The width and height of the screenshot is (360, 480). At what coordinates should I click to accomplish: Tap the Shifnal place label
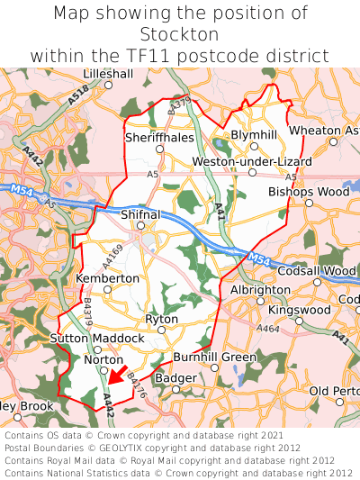tap(140, 215)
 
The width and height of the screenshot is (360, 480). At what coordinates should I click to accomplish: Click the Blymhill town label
tap(254, 134)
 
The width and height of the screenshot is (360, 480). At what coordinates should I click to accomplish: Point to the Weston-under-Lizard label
tap(252, 161)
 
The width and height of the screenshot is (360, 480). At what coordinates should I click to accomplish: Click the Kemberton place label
tap(108, 279)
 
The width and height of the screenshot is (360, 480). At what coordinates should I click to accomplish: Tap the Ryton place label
tap(162, 319)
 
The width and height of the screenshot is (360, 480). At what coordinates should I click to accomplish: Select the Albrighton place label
tap(260, 290)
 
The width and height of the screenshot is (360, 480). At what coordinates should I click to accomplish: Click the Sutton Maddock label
tap(96, 339)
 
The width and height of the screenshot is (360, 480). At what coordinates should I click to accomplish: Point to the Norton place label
tap(103, 359)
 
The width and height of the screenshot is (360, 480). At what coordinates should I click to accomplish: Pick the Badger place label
tap(175, 378)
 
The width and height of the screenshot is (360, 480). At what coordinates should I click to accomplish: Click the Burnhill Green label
tap(214, 358)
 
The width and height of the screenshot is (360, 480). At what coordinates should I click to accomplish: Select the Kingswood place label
tap(300, 310)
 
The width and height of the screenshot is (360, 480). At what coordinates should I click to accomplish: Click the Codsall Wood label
tap(316, 271)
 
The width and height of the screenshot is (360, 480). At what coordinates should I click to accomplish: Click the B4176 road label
tap(136, 387)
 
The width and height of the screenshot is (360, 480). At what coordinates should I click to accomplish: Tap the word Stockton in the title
tap(180, 34)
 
